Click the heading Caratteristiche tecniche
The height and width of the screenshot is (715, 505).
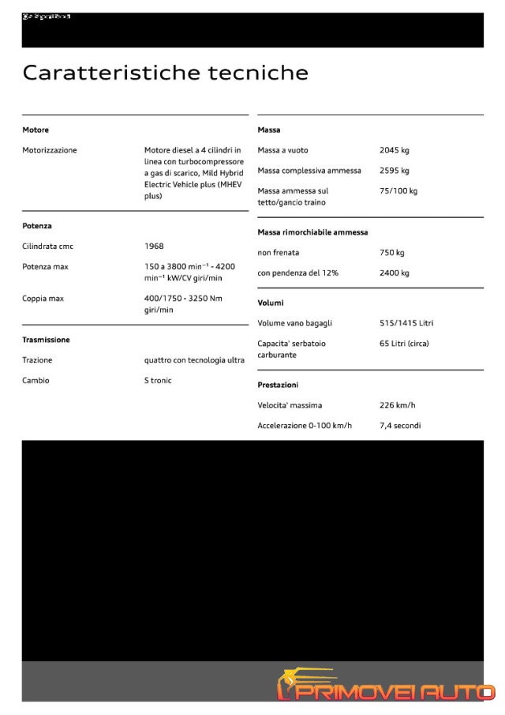pyautogui.click(x=165, y=73)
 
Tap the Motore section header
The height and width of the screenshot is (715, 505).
pyautogui.click(x=36, y=130)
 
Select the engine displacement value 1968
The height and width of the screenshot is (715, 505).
pyautogui.click(x=154, y=246)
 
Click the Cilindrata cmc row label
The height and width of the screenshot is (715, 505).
pyautogui.click(x=47, y=246)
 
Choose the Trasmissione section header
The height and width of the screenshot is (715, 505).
pyautogui.click(x=46, y=340)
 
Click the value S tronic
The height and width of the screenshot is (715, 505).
pyautogui.click(x=158, y=381)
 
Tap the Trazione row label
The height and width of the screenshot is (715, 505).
pyautogui.click(x=37, y=360)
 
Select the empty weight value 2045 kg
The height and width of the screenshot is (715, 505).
pyautogui.click(x=395, y=150)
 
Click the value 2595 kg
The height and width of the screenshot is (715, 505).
pyautogui.click(x=395, y=171)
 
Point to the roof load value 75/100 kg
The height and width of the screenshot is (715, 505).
pyautogui.click(x=398, y=191)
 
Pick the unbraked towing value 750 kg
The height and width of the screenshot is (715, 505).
pyautogui.click(x=391, y=253)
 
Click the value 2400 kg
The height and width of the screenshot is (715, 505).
pyautogui.click(x=395, y=273)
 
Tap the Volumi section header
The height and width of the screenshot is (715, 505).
pyautogui.click(x=271, y=303)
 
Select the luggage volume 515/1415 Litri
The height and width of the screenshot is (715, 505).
pyautogui.click(x=406, y=323)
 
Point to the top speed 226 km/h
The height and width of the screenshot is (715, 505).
pyautogui.click(x=397, y=405)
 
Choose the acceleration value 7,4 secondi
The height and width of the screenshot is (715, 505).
pyautogui.click(x=400, y=426)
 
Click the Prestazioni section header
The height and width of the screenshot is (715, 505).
pyautogui.click(x=278, y=385)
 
